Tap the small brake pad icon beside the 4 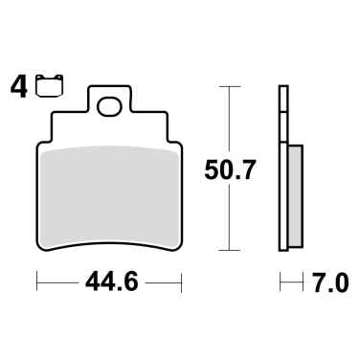pos(41,87)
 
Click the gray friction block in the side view pos(295,196)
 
